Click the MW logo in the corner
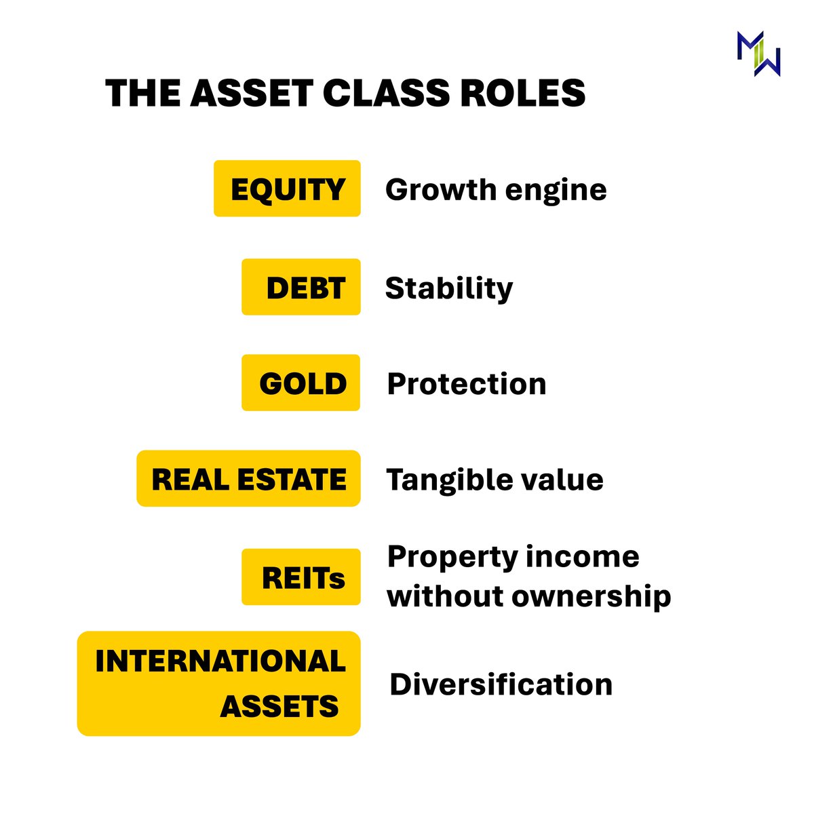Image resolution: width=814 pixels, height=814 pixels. click(758, 54)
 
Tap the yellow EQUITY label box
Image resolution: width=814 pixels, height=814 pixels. click(287, 189)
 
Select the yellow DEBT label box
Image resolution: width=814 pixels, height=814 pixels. click(301, 287)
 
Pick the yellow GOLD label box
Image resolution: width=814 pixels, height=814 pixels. click(301, 383)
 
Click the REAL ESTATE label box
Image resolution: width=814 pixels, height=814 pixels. click(248, 479)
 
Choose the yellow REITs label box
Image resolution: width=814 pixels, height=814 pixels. click(301, 577)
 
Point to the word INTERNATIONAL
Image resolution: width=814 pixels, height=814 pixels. click(220, 661)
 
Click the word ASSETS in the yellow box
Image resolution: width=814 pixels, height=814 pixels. click(279, 706)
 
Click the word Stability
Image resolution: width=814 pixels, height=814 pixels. click(449, 288)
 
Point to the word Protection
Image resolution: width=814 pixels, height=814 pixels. click(467, 384)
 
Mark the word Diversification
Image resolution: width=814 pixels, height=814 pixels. click(501, 684)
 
